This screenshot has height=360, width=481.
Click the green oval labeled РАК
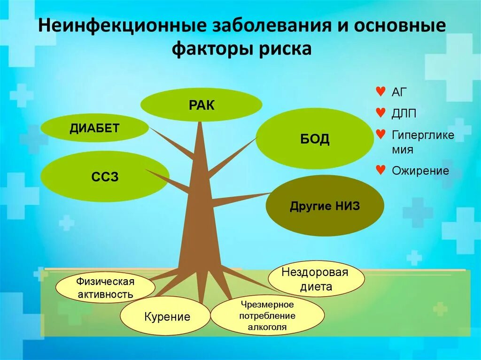(201, 105)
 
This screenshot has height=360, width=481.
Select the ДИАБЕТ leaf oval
(95, 128)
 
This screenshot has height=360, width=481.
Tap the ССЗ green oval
(105, 177)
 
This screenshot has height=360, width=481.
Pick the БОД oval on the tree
(315, 139)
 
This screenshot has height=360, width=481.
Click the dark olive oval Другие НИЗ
(325, 206)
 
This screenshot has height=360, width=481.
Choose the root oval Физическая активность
(105, 288)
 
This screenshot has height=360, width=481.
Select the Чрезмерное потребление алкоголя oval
(267, 315)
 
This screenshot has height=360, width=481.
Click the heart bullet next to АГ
(381, 91)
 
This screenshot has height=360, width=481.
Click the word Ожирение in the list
(420, 171)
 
